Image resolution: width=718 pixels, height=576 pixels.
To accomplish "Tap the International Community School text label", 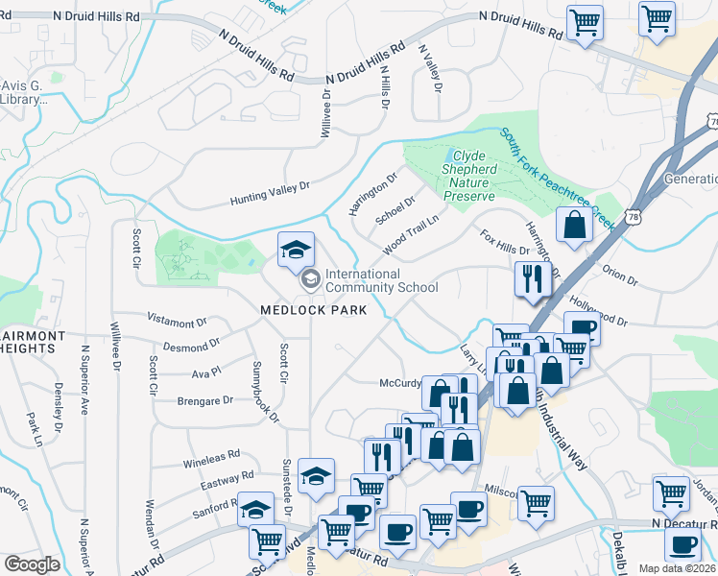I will click(x=381, y=280).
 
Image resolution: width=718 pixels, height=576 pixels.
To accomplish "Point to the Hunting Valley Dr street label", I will click(x=272, y=194).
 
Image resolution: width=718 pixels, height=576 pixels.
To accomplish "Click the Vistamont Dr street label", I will click(x=177, y=320).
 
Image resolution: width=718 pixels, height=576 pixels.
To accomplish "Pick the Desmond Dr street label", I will click(x=191, y=345).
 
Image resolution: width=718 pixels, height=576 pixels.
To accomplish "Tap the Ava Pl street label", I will click(x=206, y=372).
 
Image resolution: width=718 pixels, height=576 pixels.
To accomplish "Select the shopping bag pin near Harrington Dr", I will click(x=573, y=227).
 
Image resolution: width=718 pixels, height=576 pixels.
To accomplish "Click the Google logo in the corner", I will click(x=32, y=564).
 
